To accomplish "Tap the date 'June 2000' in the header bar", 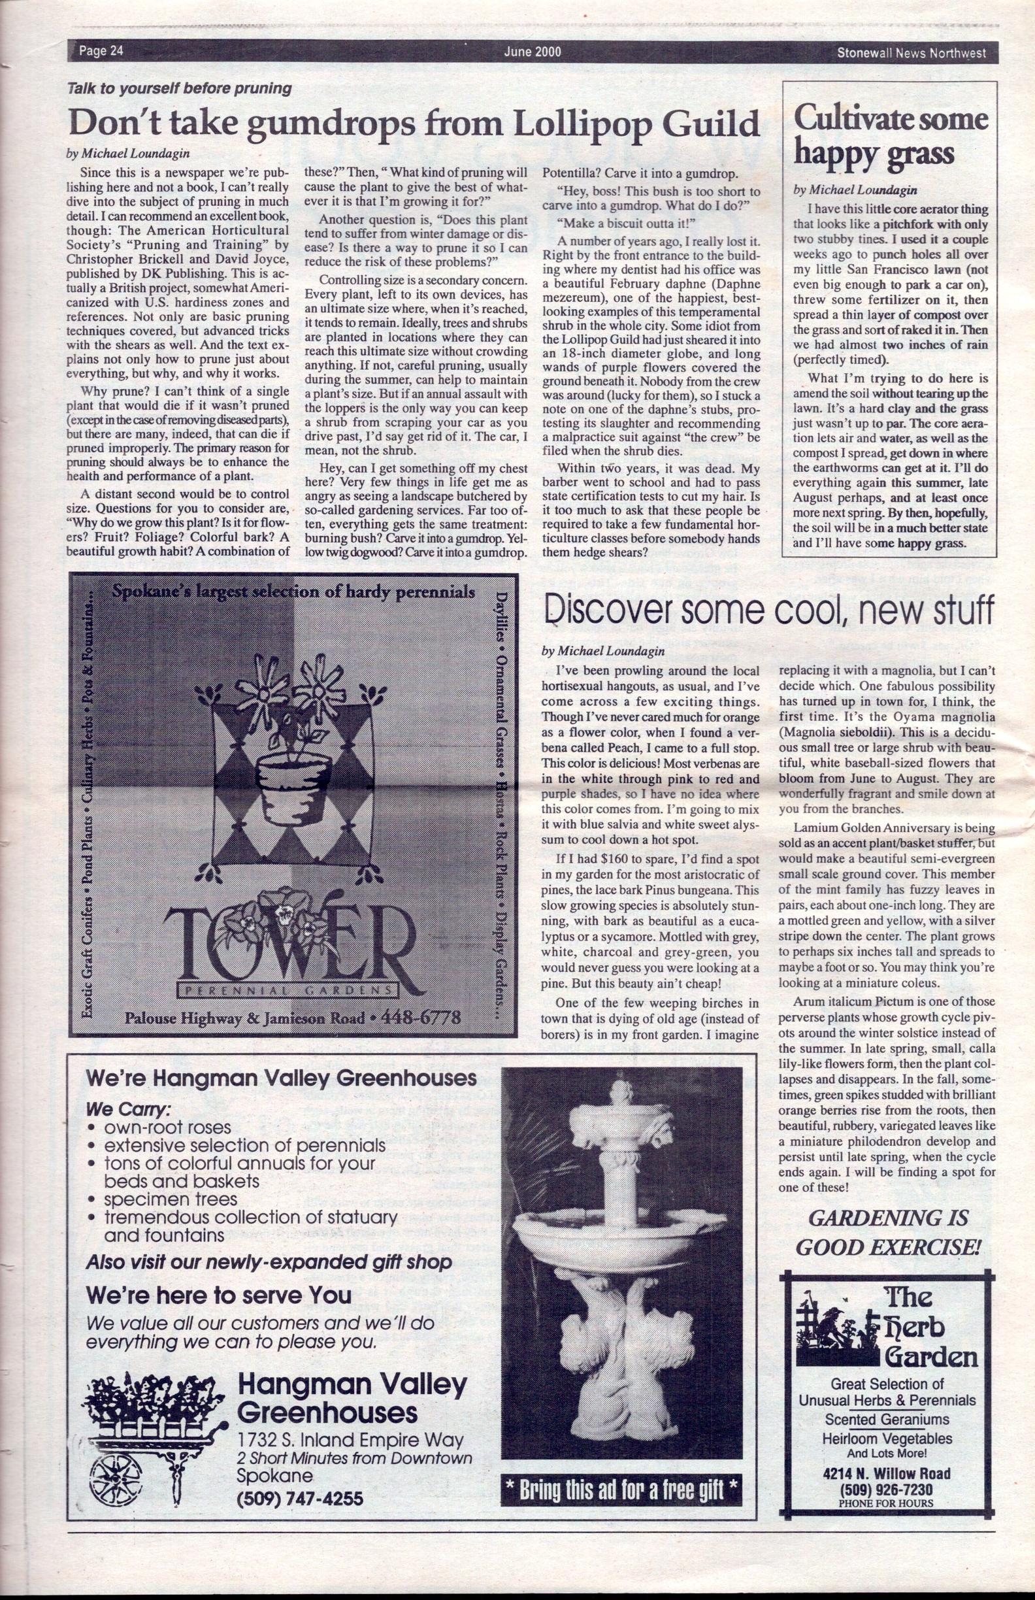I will (533, 52).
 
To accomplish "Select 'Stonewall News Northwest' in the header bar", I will (911, 52).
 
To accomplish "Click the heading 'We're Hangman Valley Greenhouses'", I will (281, 1080).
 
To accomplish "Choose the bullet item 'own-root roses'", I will (167, 1127).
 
